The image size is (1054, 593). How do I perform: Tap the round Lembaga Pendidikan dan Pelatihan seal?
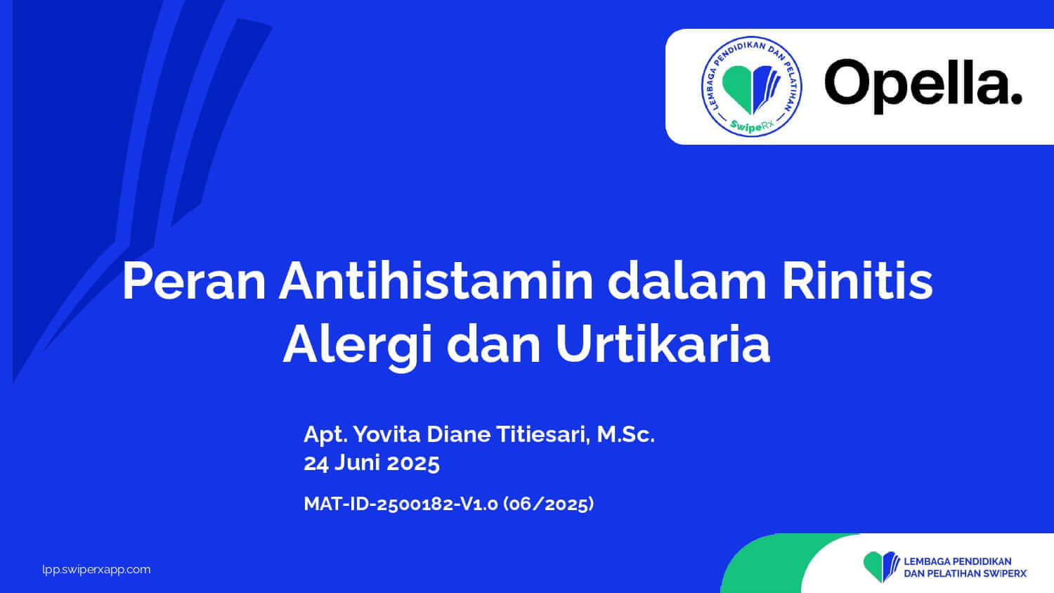click(752, 86)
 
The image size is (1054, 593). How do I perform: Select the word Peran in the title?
click(194, 281)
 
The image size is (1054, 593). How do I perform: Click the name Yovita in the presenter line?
click(386, 434)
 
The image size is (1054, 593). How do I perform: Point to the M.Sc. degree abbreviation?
click(626, 434)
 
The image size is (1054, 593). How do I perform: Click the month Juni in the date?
click(357, 462)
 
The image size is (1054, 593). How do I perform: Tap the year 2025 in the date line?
click(413, 462)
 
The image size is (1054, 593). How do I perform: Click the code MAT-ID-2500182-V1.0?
click(401, 504)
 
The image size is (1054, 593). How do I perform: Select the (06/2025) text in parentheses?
click(549, 504)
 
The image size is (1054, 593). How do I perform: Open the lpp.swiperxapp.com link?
click(96, 570)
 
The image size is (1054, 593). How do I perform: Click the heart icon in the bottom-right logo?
click(881, 566)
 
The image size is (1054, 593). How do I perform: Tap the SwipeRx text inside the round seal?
click(752, 125)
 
